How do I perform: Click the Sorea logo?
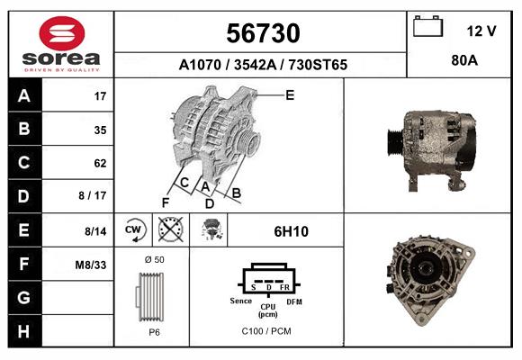[61, 44]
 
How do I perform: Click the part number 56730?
[261, 33]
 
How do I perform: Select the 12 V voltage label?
[481, 31]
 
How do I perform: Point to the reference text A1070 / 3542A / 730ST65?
[263, 65]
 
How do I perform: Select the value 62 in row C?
[100, 163]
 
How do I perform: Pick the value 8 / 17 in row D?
[93, 196]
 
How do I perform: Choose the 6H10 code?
[291, 231]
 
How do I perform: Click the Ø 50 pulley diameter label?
[154, 259]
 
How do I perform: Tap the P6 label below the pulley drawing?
[154, 332]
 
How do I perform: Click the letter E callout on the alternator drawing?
[290, 94]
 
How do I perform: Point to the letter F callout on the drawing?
[166, 202]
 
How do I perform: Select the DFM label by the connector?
[293, 301]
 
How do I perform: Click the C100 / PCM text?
[266, 331]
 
